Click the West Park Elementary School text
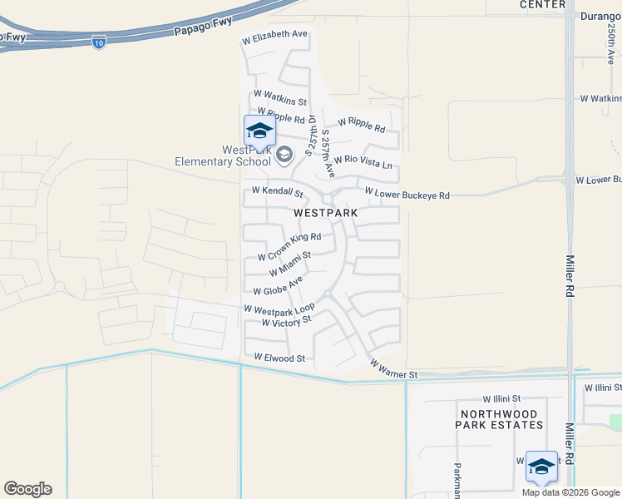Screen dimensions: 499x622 [223, 156]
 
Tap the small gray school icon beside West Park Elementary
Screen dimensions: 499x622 [284, 155]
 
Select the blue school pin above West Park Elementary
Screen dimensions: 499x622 [259, 131]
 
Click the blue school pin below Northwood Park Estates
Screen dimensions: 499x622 [541, 467]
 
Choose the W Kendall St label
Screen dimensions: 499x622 [277, 192]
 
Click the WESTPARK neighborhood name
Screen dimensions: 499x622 [326, 213]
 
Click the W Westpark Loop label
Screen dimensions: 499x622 [279, 309]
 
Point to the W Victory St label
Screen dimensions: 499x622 [286, 321]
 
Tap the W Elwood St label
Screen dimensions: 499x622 [280, 358]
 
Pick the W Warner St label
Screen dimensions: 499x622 [393, 370]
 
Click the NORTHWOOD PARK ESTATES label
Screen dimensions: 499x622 [499, 419]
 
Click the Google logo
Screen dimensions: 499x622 [27, 489]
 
